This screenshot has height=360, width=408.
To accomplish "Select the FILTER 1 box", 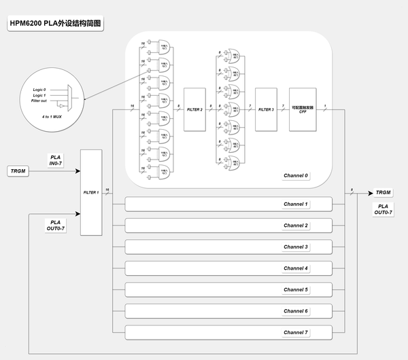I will point(90,192).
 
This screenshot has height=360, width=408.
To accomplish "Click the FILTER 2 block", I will point(195,109).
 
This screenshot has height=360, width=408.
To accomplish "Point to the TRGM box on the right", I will point(383,193).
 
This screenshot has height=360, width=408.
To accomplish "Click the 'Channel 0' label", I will point(296,176).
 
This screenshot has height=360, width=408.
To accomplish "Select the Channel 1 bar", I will point(228,204).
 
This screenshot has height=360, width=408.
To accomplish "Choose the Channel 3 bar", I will point(228,247).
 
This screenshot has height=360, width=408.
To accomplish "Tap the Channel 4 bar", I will point(228,268).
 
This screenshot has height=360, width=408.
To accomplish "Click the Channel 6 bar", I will point(228,311).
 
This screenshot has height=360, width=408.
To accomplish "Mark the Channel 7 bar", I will point(228,332).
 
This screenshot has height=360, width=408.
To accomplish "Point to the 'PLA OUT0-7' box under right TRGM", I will point(383,209).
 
